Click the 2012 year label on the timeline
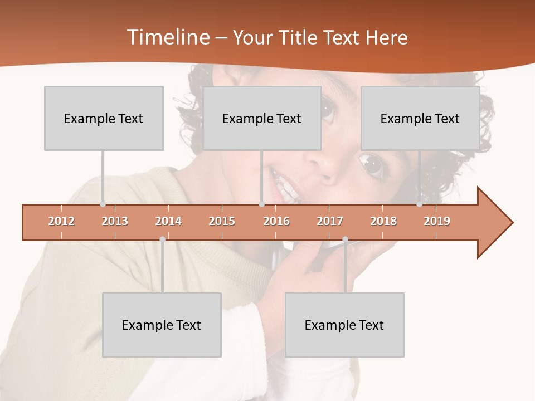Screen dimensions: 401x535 pos(61,221)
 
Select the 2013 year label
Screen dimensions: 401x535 pos(115,221)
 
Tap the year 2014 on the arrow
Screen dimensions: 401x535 pos(168,221)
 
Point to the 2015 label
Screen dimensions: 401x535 pos(222,221)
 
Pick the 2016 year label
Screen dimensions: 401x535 pos(276,221)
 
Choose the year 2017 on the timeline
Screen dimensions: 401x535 pos(330,221)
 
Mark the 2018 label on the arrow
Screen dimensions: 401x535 pos(383,221)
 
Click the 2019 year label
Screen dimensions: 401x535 pos(437,221)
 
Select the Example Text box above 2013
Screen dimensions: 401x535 pos(104,118)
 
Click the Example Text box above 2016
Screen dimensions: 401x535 pos(262,118)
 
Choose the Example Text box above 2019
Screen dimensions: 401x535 pos(420,118)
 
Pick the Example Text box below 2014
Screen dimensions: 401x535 pos(162,325)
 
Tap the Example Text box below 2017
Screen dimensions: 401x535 pos(344,325)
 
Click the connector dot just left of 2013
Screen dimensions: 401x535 pos(103,204)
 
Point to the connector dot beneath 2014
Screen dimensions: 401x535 pos(162,239)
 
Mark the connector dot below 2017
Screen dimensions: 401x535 pos(345,239)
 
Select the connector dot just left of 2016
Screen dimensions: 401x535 pos(261,204)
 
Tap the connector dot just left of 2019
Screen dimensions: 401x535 pos(419,204)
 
